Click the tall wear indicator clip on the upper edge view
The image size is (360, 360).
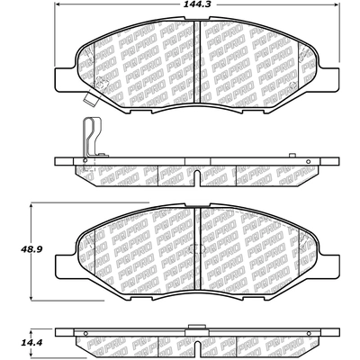[x=91, y=137]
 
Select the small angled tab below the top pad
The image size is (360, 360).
[x=91, y=99]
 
